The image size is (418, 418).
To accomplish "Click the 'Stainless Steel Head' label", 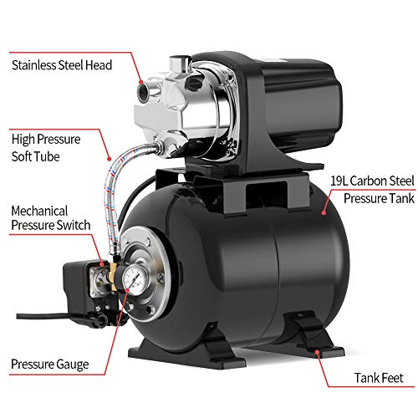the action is pos(62,65).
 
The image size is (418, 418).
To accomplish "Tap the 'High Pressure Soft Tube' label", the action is pos(46,148).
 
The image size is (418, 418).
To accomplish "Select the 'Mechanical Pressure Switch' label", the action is pos(51,218).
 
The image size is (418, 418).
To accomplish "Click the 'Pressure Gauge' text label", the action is pos(50,364).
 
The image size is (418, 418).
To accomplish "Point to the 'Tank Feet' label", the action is pos(379,378).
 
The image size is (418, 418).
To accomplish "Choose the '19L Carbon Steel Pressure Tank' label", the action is pos(373,190).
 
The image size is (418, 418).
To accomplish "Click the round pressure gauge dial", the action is pos(135,278).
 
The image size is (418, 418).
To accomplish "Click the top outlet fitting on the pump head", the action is pos(180,64).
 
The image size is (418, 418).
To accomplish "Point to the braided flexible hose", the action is pos(111,192).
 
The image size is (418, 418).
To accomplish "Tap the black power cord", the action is pos(44,316).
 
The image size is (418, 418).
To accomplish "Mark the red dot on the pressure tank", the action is pos(324,212).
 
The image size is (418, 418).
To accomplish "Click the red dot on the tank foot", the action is pos(317,352).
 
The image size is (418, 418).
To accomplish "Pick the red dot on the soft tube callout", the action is pos(110,159).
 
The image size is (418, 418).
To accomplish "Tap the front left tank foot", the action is pos(186,349).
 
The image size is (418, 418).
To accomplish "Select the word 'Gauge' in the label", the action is pos(73,364).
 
